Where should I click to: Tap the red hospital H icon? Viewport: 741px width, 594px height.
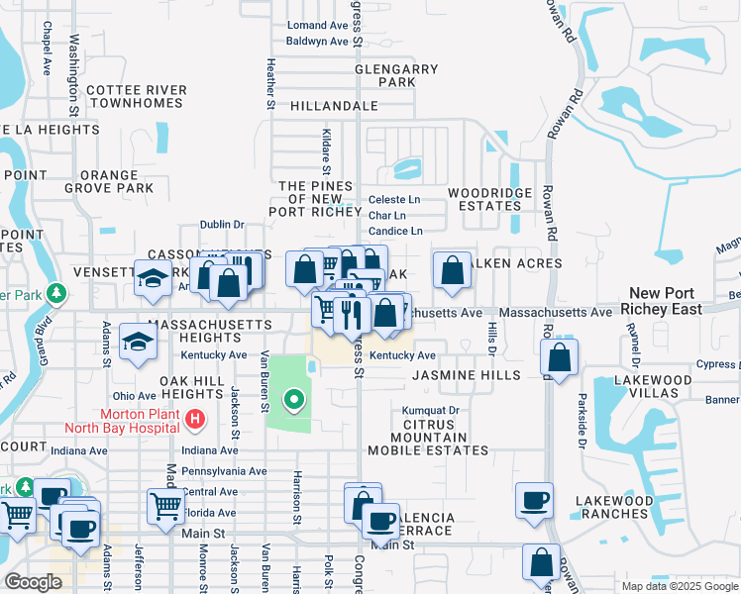tap(195, 420)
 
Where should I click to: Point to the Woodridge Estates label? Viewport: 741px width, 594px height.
tap(484, 199)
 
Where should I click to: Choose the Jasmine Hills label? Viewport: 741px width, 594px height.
tap(466, 375)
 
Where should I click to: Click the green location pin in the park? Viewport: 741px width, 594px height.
tap(293, 400)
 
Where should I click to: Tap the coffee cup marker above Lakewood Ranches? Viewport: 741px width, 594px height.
tap(535, 501)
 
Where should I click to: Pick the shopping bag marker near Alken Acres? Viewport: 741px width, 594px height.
tap(452, 270)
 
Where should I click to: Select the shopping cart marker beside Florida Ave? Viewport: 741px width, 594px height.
tap(165, 506)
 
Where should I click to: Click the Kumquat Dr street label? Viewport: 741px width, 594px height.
tap(431, 410)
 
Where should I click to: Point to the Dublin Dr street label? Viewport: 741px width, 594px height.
tap(222, 225)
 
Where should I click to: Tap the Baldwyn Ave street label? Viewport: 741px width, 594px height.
tap(317, 42)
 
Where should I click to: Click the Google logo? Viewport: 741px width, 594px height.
tap(32, 582)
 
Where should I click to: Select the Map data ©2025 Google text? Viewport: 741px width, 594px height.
tap(679, 586)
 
